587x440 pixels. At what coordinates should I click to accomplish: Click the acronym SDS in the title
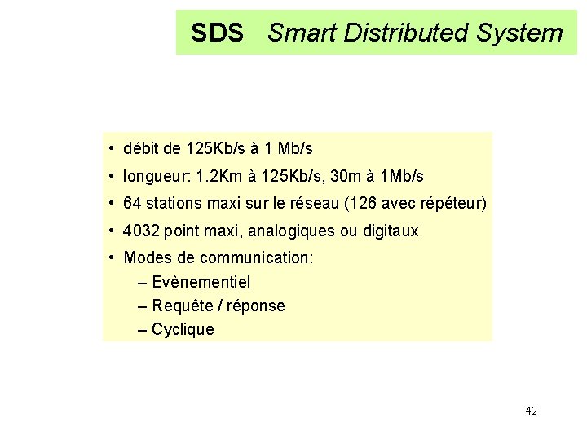(x=217, y=33)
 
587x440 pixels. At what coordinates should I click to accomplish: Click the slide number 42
(x=531, y=411)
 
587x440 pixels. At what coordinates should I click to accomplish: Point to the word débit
(x=141, y=148)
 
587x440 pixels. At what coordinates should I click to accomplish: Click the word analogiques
(x=291, y=231)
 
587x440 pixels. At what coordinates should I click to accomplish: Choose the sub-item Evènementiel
(x=201, y=282)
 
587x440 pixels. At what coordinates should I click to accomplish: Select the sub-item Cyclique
(x=183, y=329)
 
